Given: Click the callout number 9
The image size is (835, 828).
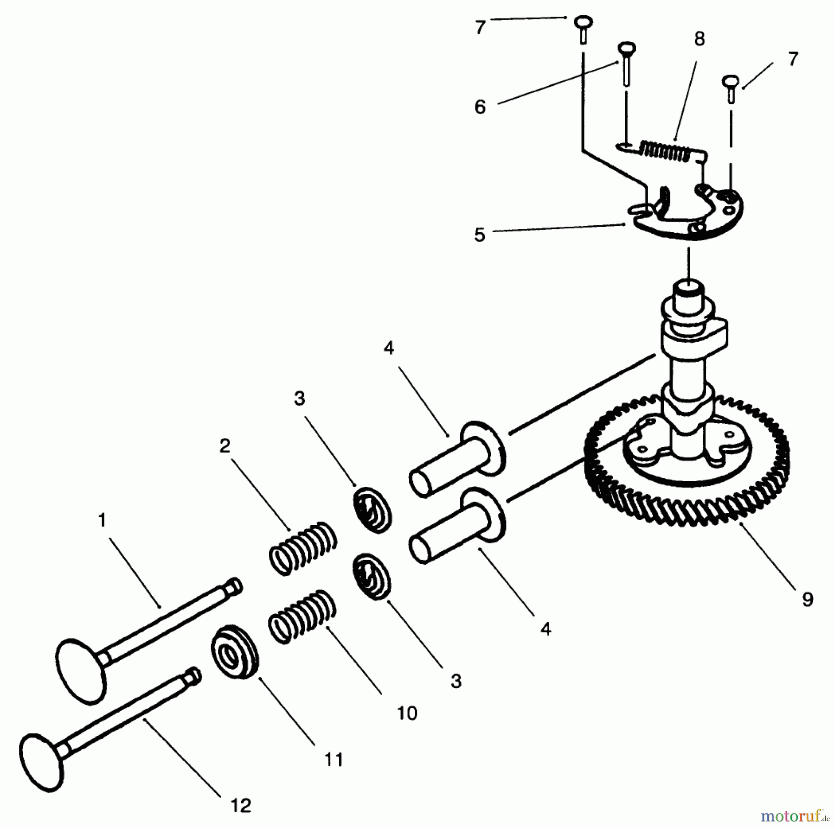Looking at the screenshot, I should [x=808, y=600].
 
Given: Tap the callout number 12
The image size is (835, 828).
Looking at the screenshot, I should [x=241, y=805].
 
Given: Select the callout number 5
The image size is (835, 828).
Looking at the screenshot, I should [x=480, y=235].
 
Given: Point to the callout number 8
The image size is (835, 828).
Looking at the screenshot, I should [x=700, y=39].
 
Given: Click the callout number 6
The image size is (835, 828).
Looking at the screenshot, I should [x=480, y=107].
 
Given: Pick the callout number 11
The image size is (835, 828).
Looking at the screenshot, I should [x=334, y=759].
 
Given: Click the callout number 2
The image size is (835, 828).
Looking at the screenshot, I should [x=225, y=446].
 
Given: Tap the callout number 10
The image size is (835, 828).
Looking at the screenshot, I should [x=407, y=713].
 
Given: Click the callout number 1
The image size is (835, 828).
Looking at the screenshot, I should [x=103, y=520].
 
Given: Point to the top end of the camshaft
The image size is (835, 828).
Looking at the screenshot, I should [x=689, y=292].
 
